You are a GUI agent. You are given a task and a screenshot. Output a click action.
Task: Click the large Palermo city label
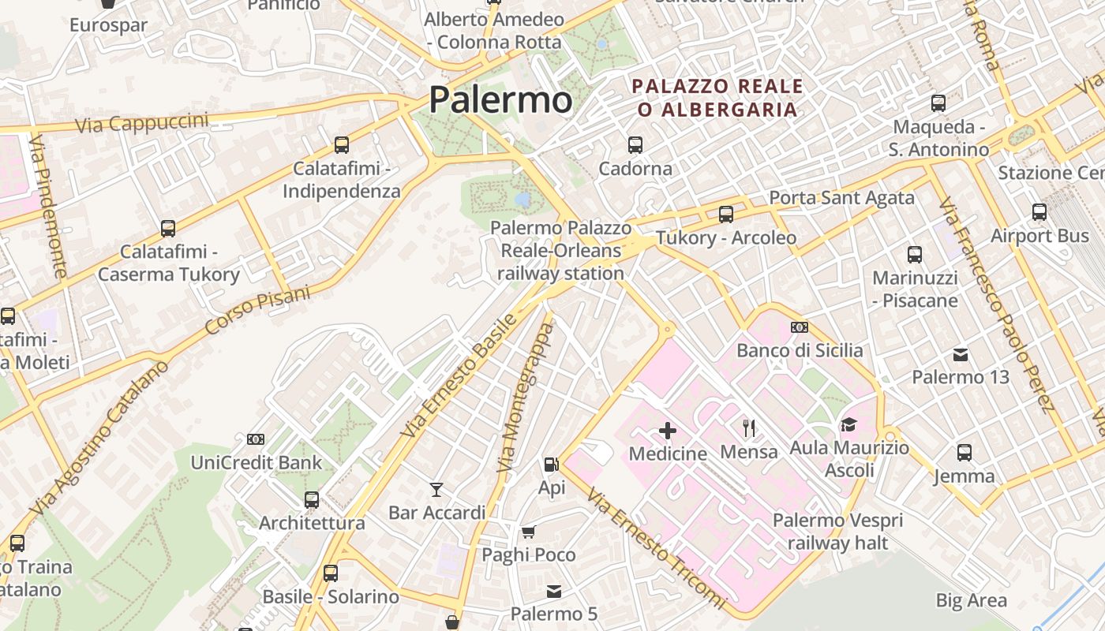click(500, 100)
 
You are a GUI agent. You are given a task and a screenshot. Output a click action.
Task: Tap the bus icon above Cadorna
click(635, 145)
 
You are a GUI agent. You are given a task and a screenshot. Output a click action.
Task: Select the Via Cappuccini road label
click(142, 122)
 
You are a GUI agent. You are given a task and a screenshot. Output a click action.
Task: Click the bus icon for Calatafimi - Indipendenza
click(342, 145)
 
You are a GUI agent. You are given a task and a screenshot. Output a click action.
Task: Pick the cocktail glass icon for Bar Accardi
click(436, 490)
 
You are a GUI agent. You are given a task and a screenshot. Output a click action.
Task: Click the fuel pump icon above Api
click(552, 465)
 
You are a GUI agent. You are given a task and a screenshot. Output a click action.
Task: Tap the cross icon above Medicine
click(668, 431)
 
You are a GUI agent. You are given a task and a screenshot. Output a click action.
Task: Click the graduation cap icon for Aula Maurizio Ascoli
click(848, 425)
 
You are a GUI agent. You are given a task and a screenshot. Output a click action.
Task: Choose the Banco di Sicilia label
click(800, 350)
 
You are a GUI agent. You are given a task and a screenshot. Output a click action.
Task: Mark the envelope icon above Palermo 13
click(961, 354)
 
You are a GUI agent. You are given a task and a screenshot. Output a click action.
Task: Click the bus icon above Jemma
click(965, 453)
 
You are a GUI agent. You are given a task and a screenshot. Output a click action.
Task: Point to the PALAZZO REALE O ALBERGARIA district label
click(717, 98)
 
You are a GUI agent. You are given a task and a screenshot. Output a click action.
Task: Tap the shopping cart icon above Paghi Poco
click(529, 532)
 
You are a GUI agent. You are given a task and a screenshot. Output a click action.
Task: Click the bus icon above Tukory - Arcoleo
click(726, 215)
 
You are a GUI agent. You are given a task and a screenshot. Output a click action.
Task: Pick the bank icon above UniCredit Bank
click(256, 439)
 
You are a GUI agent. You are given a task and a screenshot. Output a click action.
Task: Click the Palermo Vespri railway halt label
click(837, 532)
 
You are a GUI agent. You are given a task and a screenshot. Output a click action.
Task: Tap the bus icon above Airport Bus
click(1039, 212)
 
